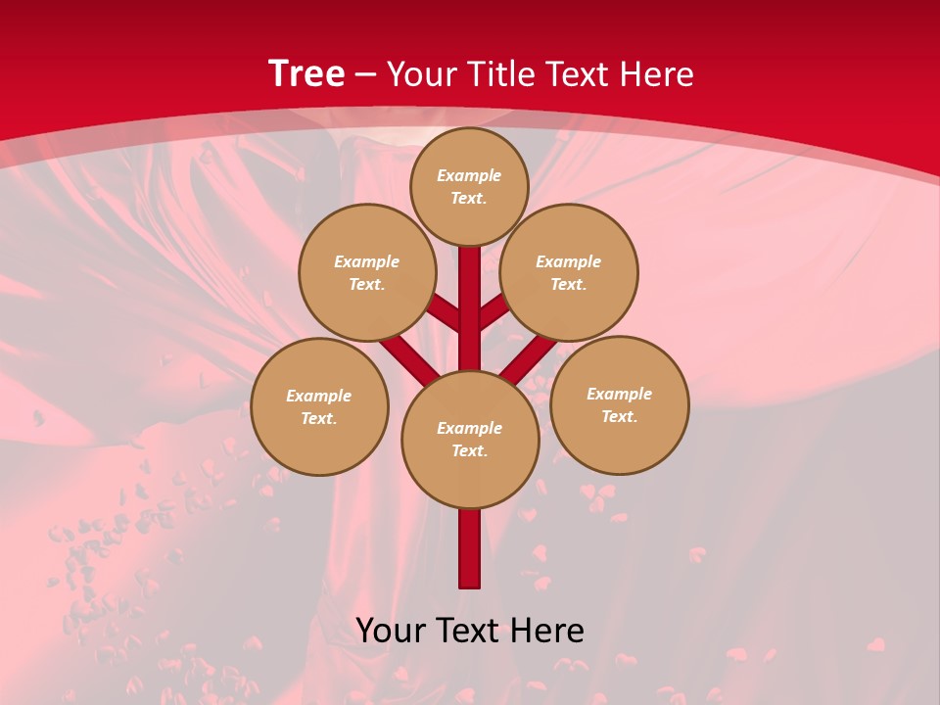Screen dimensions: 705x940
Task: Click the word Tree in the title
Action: (x=306, y=73)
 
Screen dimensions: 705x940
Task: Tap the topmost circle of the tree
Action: (x=469, y=186)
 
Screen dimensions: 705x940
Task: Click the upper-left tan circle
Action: (x=366, y=272)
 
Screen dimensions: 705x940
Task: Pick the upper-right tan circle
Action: (x=569, y=272)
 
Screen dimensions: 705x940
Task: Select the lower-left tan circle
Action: (x=319, y=406)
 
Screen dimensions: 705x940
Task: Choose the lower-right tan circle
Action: (x=619, y=404)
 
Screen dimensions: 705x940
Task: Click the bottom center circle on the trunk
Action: (x=470, y=440)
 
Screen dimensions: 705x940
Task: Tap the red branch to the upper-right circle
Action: (x=493, y=312)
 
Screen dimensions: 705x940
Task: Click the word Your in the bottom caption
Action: (x=391, y=631)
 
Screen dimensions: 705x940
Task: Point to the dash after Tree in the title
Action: (x=365, y=75)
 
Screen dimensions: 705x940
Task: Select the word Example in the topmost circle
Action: (x=469, y=175)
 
